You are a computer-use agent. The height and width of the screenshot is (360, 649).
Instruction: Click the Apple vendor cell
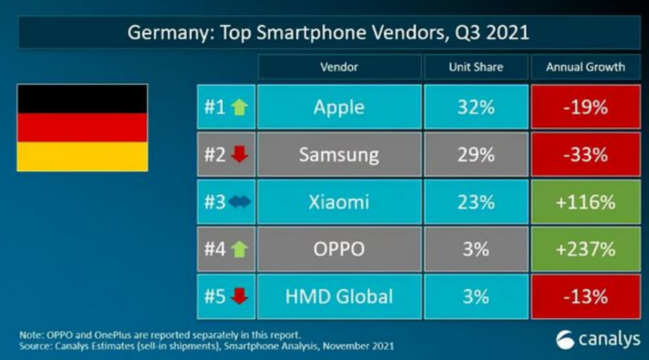339,107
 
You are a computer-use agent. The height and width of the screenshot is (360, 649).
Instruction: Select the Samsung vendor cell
339,154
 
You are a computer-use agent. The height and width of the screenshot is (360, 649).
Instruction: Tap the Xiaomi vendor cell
339,202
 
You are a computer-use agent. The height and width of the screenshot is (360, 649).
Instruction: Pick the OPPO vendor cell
339,249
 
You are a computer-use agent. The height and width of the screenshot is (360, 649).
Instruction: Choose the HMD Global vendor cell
339,296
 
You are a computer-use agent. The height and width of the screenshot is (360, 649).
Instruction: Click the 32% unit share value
476,107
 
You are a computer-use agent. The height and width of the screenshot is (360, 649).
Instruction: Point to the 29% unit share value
476,154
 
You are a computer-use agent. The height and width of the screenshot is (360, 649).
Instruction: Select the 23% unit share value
476,202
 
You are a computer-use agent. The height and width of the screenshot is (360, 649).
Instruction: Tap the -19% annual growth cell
586,107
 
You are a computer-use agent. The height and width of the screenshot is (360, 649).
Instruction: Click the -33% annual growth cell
586,154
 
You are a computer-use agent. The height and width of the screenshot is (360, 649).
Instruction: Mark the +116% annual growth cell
586,202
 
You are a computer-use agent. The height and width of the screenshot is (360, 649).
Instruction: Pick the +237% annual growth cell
586,249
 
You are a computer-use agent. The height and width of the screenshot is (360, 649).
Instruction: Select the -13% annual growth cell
586,296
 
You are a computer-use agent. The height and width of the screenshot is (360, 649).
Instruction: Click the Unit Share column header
476,67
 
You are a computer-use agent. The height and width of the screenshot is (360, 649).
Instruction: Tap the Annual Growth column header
586,67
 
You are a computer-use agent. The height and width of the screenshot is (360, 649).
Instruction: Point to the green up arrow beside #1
239,108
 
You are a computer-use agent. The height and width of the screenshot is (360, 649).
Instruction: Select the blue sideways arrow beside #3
239,203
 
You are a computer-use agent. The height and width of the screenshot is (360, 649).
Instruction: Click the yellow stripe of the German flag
82,157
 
